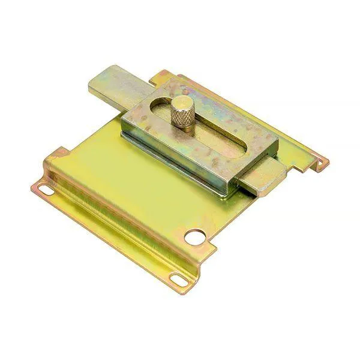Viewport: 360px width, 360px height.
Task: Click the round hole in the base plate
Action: pos(193,238)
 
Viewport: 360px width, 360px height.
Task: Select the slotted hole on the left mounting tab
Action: pos(46,190)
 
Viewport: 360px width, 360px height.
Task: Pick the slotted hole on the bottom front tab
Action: pos(178,278)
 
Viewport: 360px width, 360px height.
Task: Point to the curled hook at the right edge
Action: pos(323,161)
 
